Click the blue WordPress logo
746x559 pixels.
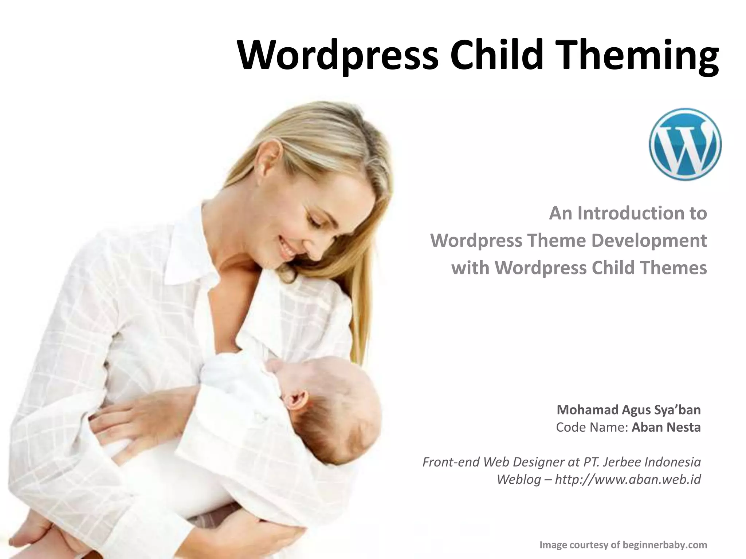point(685,144)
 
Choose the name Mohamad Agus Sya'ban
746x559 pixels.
point(628,410)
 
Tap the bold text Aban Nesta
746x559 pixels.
point(666,427)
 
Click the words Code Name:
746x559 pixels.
point(592,427)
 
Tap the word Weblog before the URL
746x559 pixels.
point(519,479)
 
